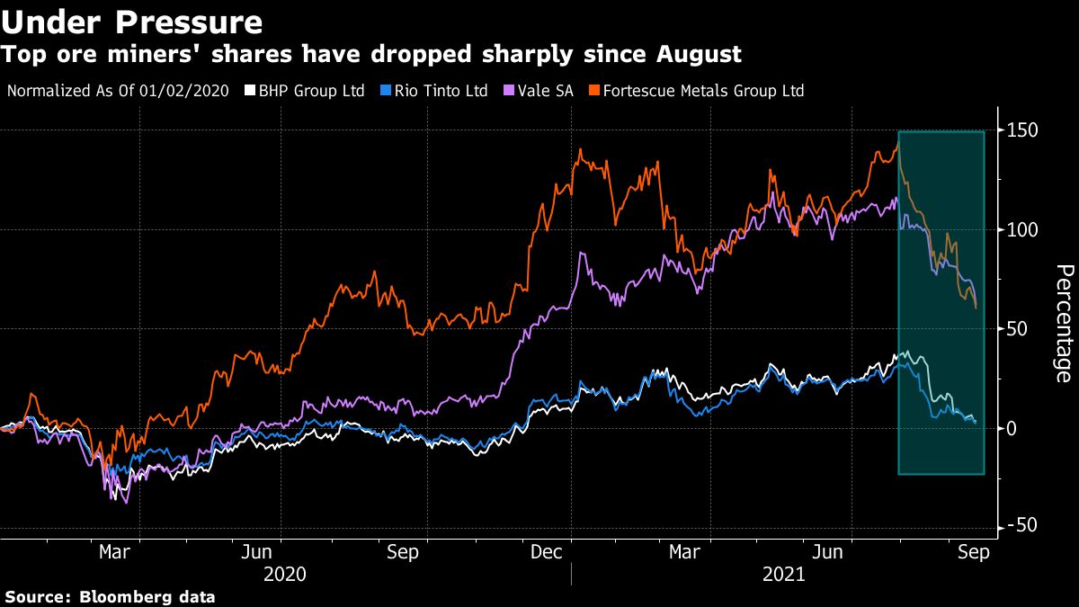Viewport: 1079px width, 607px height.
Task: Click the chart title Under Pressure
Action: pos(132,22)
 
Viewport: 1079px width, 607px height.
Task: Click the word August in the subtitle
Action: pos(697,55)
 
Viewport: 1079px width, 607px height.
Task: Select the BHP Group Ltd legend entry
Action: pos(306,91)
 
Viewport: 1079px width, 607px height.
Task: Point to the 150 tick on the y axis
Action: pos(1021,130)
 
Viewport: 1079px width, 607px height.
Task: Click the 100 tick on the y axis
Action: pos(1021,230)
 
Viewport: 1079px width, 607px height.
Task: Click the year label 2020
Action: pos(285,574)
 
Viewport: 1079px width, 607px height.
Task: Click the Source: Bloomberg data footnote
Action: pos(111,596)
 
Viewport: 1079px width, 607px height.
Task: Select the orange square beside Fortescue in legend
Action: pos(594,91)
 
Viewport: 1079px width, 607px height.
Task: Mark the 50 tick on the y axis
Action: pos(1016,329)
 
